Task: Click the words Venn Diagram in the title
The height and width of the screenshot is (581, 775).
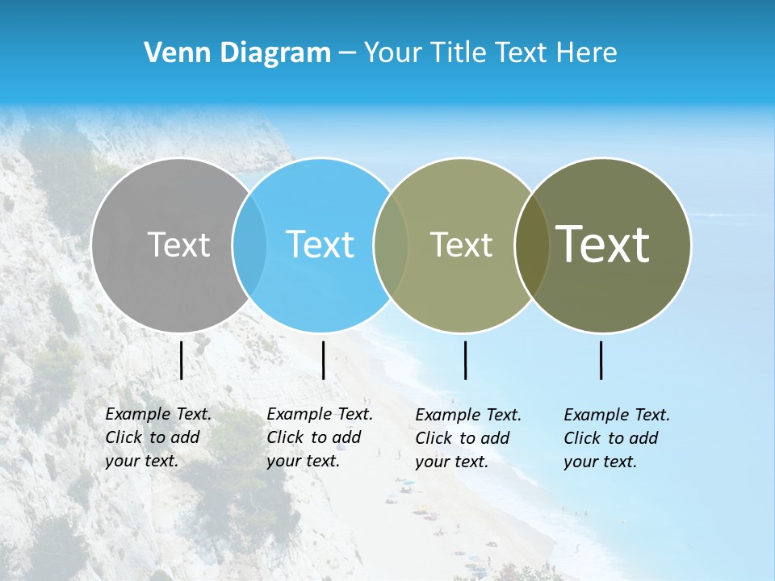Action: (x=237, y=53)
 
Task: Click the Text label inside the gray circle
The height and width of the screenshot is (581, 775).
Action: (x=178, y=245)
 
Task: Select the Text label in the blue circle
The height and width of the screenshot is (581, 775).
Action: (x=320, y=245)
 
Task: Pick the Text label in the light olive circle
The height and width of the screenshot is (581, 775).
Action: (x=461, y=245)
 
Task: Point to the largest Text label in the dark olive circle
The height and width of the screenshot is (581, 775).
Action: (x=603, y=245)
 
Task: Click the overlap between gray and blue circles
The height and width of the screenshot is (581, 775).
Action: (x=249, y=245)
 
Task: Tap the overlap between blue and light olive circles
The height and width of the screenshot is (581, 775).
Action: (x=391, y=245)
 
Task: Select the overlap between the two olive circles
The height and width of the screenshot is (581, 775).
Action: (x=532, y=245)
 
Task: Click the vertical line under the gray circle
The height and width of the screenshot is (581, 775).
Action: (x=182, y=360)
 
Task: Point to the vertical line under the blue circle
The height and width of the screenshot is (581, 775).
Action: (x=323, y=360)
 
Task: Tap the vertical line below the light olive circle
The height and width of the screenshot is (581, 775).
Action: (x=465, y=360)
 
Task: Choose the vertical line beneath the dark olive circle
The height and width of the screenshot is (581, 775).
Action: (x=601, y=360)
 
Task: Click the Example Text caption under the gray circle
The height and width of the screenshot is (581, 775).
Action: (x=158, y=437)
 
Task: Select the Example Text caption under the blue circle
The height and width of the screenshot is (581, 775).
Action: (x=320, y=437)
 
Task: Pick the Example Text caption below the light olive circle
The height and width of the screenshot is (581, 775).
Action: (x=468, y=438)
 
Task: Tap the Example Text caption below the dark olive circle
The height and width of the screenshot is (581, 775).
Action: (x=617, y=438)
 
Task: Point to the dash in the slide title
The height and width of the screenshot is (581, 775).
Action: (x=347, y=53)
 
